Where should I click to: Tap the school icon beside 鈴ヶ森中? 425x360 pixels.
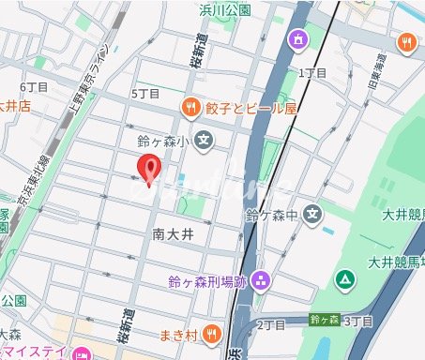point(313,214)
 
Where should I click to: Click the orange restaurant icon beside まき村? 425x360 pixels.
point(212,332)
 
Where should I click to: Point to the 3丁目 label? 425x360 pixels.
point(358,321)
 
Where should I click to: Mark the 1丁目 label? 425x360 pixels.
point(311,72)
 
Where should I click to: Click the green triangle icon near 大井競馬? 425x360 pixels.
point(346,278)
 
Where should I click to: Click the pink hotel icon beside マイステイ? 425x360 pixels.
point(81,354)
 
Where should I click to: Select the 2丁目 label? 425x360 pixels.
point(271,324)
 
